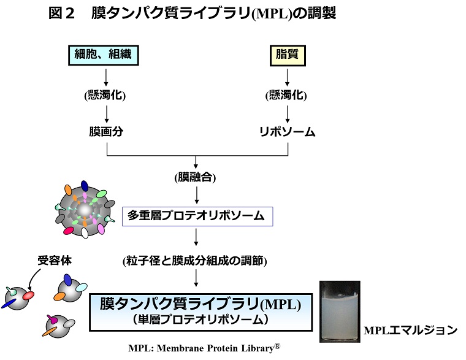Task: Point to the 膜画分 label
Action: click(107, 131)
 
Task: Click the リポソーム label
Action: click(286, 131)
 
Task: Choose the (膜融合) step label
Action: click(196, 178)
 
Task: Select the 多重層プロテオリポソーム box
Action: click(196, 216)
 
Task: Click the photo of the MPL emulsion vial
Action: click(340, 312)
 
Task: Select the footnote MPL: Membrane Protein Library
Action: click(204, 348)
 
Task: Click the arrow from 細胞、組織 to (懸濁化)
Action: click(107, 76)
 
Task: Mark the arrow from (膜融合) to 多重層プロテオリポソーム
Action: click(196, 194)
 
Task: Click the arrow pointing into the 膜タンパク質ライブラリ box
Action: click(196, 280)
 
